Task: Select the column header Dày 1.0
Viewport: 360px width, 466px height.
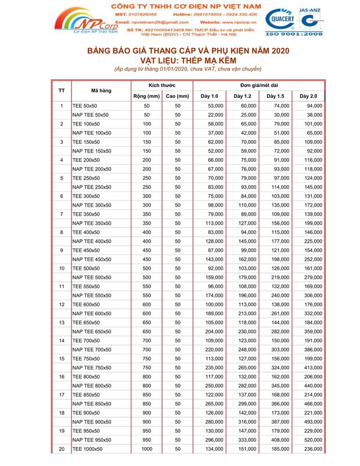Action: tap(209, 96)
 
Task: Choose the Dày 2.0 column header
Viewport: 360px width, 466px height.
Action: tap(308, 96)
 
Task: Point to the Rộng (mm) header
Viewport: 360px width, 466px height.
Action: tap(146, 96)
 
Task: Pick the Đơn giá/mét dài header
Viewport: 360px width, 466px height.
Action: tap(259, 85)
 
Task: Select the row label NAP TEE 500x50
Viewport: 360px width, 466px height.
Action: tap(92, 277)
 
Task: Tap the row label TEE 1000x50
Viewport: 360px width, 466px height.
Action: tap(88, 448)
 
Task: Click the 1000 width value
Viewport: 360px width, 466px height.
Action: tap(146, 448)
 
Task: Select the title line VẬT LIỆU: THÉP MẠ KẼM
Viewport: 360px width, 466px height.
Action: tap(180, 61)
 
